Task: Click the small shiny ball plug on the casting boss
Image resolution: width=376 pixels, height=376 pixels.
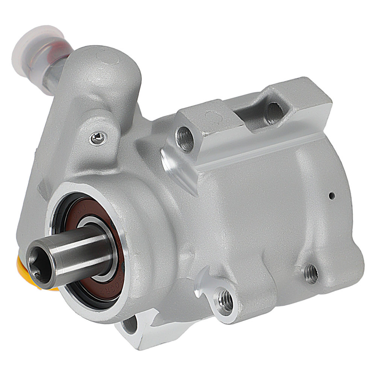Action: click(97, 138)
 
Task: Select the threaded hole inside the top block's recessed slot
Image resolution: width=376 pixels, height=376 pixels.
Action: click(275, 112)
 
